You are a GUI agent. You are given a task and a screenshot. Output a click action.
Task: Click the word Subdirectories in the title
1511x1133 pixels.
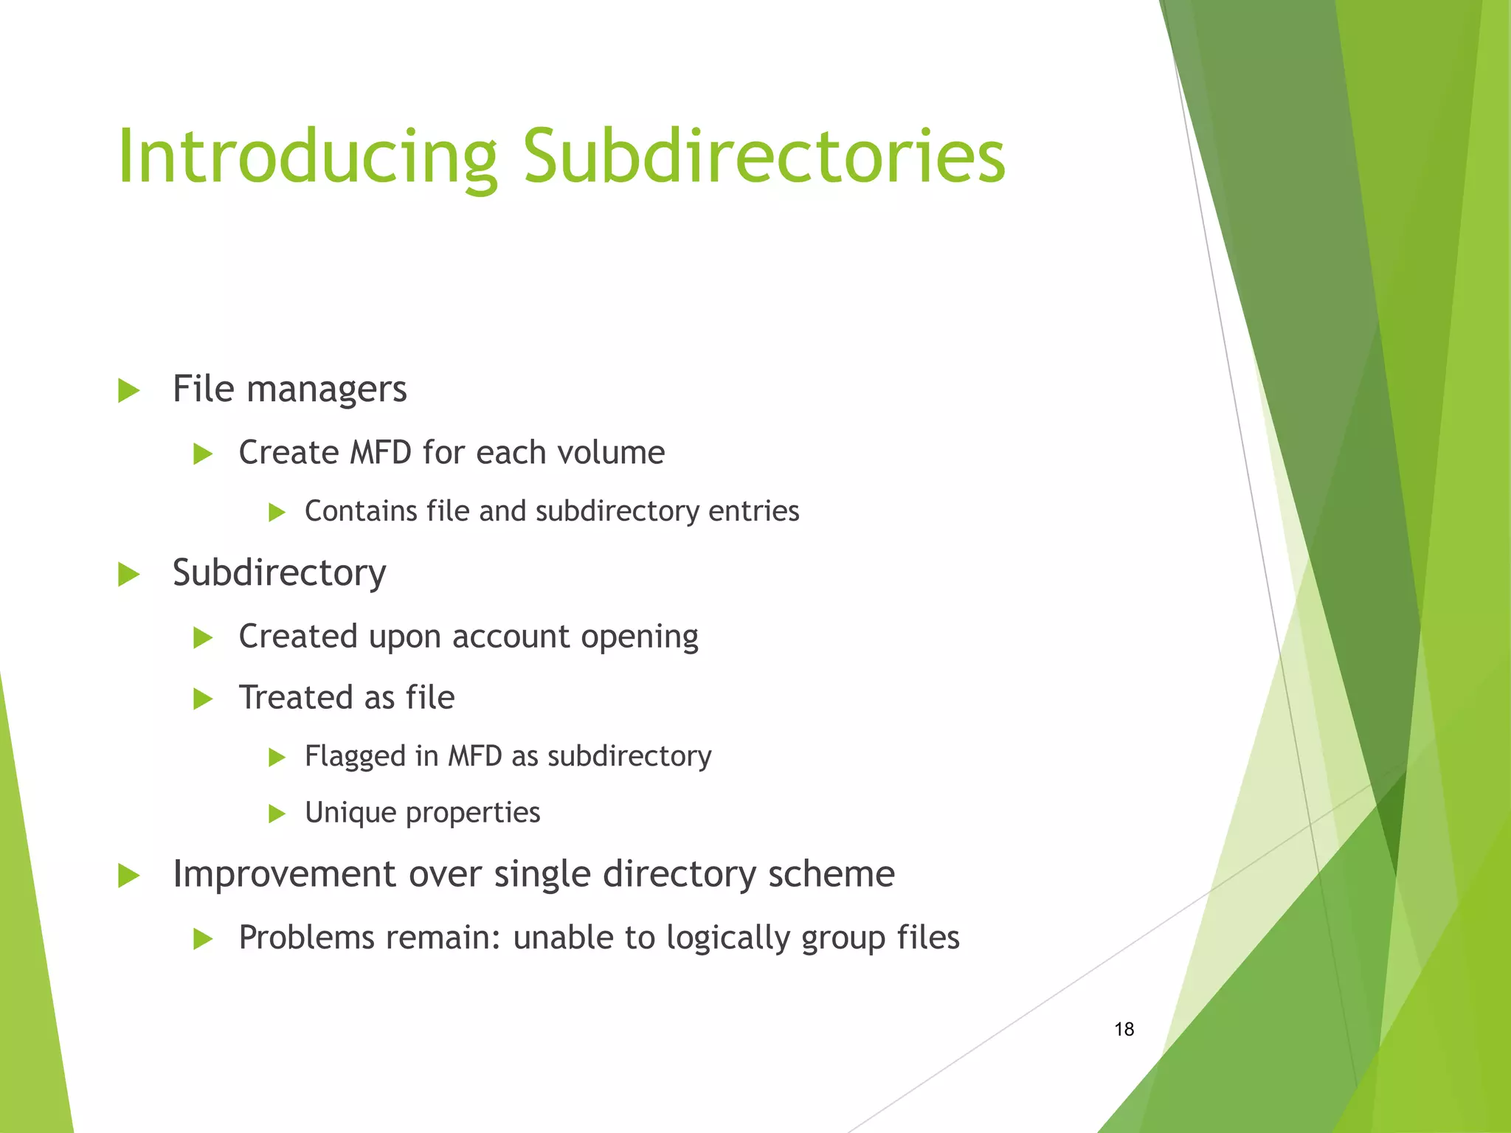(764, 157)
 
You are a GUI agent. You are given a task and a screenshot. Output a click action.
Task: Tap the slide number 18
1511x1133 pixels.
(1124, 1029)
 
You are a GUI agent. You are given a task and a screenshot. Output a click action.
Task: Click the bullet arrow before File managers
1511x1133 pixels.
(128, 390)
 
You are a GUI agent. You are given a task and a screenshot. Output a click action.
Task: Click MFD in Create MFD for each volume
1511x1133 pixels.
(380, 452)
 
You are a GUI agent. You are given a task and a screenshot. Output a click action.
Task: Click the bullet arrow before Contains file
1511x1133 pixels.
(277, 512)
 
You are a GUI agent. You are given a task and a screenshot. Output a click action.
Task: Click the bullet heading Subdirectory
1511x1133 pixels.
(279, 572)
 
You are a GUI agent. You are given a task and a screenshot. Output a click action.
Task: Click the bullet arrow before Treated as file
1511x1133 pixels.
(202, 699)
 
